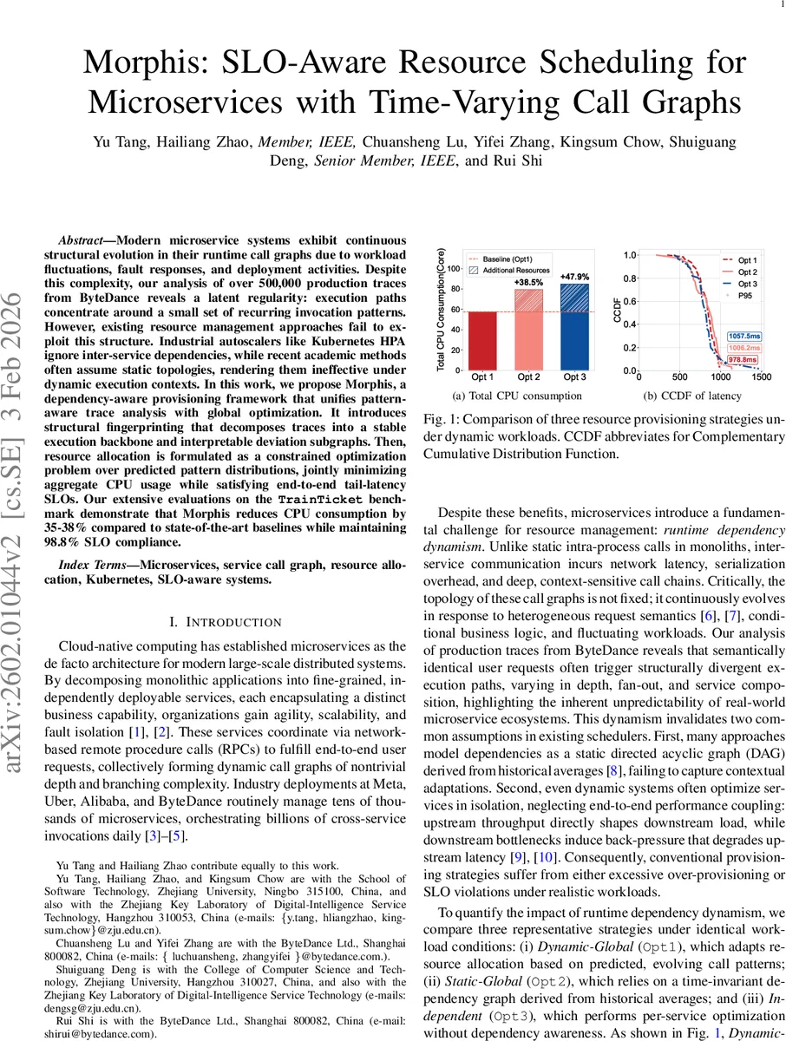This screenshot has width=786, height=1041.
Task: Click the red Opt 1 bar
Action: coord(483,339)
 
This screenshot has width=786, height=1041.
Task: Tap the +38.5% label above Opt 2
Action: coord(528,283)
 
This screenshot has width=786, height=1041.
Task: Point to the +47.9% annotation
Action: coord(574,277)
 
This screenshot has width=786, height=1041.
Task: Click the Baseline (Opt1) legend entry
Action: coord(510,259)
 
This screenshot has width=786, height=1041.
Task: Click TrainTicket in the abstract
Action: coord(313,501)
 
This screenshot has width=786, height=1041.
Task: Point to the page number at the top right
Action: coord(771,5)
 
